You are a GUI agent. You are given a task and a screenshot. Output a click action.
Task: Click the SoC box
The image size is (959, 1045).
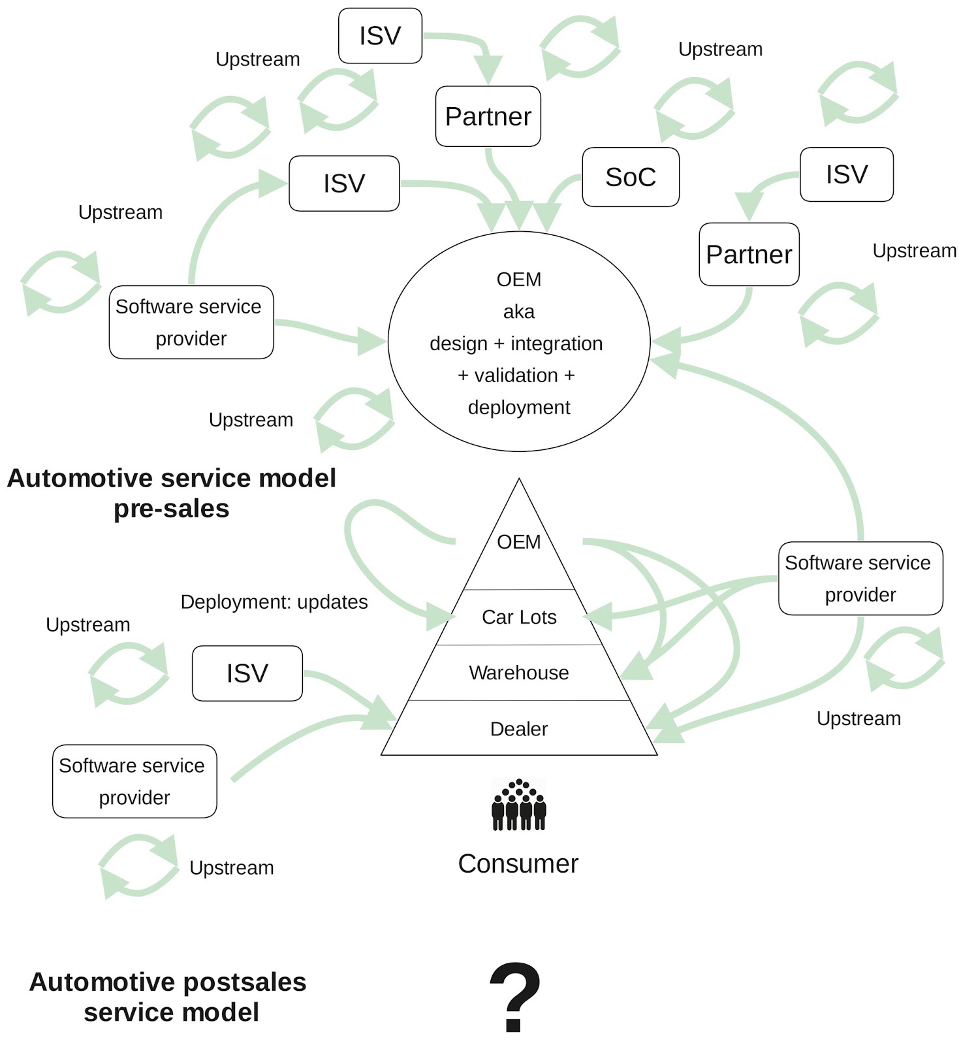[630, 177]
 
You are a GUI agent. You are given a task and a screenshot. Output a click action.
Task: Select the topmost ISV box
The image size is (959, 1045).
[380, 36]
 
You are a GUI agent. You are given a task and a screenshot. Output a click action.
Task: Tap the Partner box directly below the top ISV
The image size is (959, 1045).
[488, 116]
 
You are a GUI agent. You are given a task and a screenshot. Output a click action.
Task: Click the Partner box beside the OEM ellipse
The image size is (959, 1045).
[749, 254]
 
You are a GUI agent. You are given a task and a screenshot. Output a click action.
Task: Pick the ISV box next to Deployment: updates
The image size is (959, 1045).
[247, 673]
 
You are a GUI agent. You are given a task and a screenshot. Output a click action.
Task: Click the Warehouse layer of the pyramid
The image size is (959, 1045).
[518, 673]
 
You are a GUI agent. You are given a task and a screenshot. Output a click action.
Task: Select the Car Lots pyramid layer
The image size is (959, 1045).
[518, 617]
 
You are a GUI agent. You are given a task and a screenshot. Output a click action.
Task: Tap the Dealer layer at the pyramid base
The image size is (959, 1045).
[518, 729]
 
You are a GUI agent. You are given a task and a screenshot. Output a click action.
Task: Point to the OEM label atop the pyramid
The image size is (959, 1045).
[518, 542]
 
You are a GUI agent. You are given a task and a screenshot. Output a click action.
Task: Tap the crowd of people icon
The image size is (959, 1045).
[518, 805]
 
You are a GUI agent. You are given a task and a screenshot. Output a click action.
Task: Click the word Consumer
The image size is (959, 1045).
[518, 864]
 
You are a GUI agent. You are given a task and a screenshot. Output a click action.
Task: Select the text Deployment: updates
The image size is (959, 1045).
[274, 602]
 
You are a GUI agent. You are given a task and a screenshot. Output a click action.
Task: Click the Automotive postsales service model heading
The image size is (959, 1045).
[168, 997]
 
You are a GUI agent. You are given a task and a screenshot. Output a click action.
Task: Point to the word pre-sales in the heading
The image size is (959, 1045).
[171, 509]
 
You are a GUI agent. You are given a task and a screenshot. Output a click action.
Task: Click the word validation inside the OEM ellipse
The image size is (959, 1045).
[516, 376]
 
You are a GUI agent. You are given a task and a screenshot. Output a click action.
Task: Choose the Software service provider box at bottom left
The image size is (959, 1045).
[134, 781]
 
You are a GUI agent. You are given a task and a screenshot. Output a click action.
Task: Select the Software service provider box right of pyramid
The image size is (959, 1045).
[860, 578]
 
